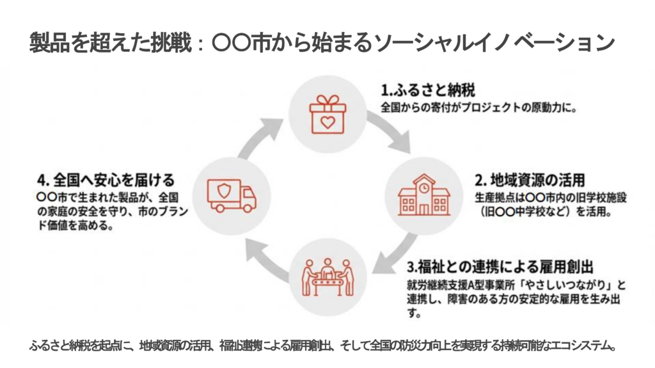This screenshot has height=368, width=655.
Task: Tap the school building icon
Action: point(423,195)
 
